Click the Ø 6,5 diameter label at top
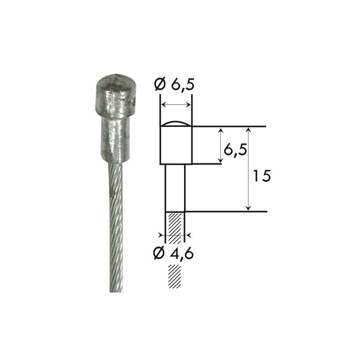[x=174, y=85]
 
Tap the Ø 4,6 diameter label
[x=174, y=253]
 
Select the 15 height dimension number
[x=262, y=176]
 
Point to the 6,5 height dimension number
[x=235, y=150]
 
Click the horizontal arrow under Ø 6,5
[x=176, y=105]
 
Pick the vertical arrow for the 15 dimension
[x=248, y=169]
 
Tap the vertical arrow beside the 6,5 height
[x=220, y=145]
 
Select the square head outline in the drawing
[x=176, y=145]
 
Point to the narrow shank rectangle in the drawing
[x=175, y=188]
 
